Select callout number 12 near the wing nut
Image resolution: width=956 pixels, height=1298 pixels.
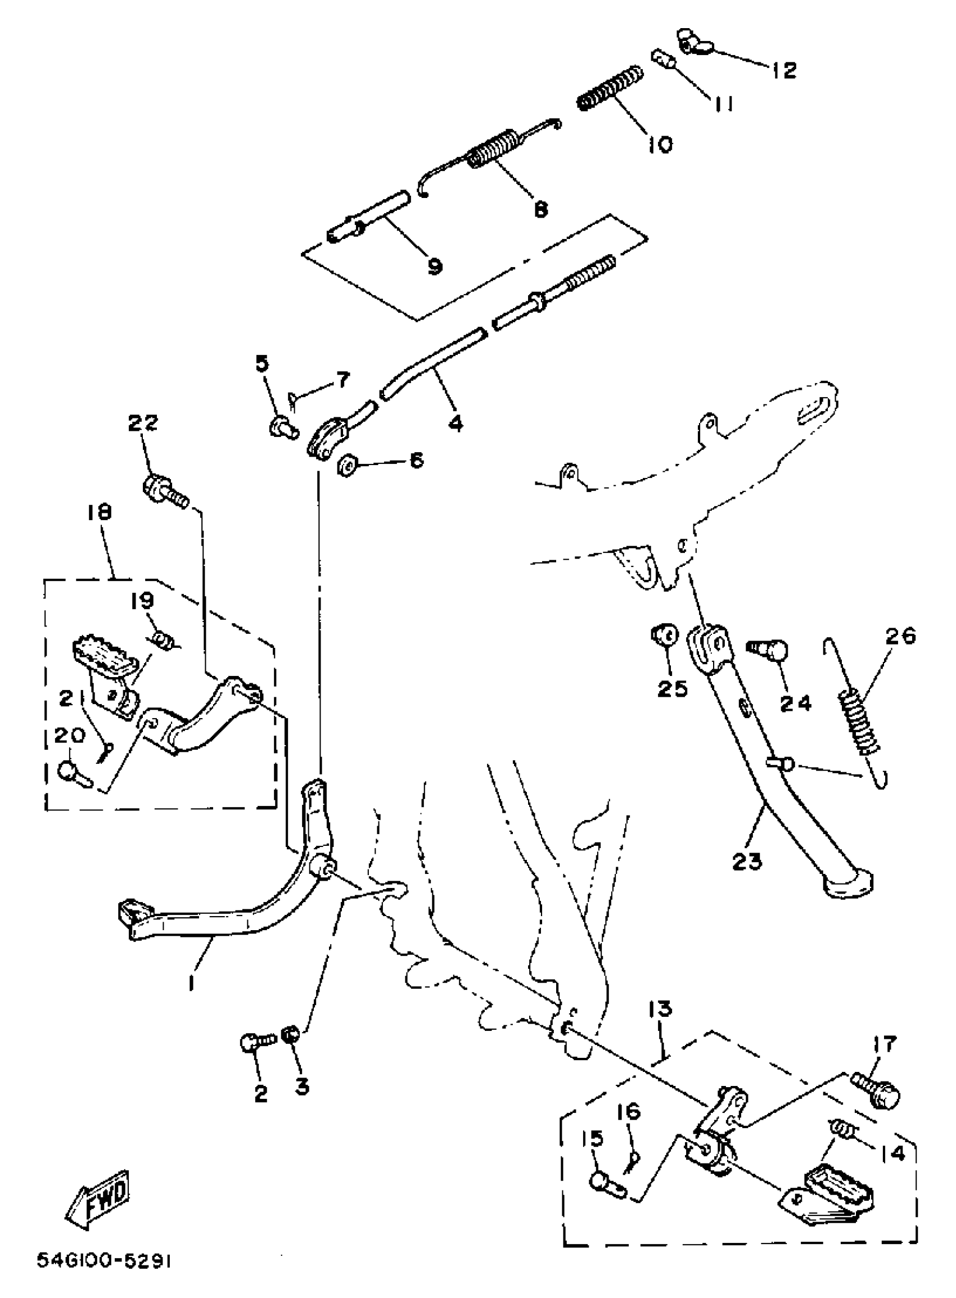click(x=784, y=71)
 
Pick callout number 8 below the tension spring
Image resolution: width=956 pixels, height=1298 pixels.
click(x=540, y=209)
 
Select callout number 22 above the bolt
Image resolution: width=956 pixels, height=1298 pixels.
click(x=142, y=422)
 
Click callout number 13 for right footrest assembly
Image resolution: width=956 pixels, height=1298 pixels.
click(x=660, y=1009)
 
